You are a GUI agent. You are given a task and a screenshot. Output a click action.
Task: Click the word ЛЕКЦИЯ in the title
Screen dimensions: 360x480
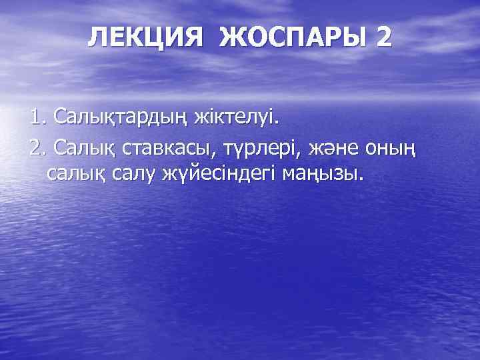(144, 37)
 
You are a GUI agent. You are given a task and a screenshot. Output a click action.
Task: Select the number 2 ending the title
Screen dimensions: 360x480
(383, 37)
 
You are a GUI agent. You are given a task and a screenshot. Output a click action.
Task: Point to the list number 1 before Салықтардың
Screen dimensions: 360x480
(36, 119)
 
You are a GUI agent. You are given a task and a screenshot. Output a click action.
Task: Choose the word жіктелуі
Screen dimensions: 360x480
(238, 119)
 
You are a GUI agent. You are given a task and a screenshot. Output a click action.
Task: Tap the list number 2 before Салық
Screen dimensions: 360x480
(37, 147)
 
